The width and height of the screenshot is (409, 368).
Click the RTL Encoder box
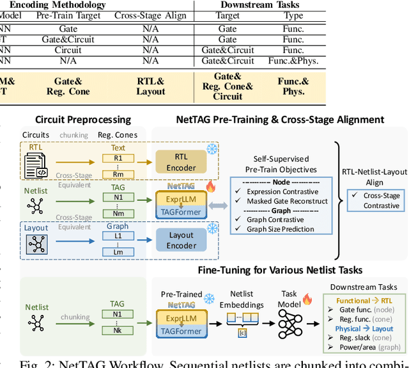181,163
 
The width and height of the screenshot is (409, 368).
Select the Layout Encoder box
181,240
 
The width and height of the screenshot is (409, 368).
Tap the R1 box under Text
118,157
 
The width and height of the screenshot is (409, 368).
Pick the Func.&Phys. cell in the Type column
293,61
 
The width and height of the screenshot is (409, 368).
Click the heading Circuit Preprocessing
83,120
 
